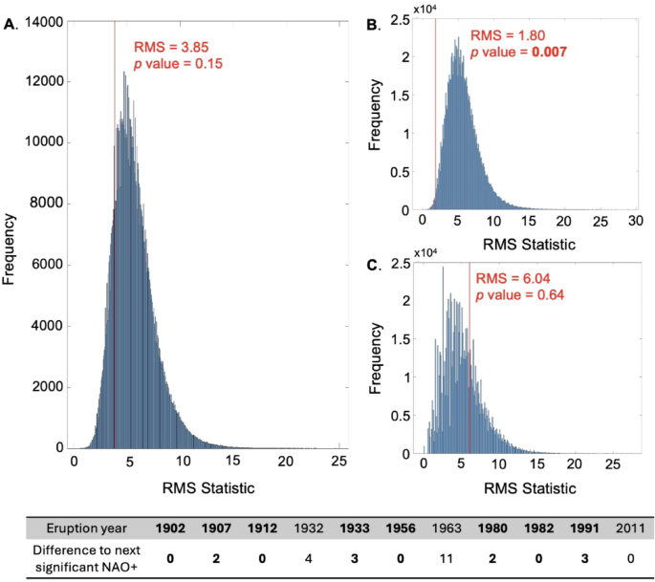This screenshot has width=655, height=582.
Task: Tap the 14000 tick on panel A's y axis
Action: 46,20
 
